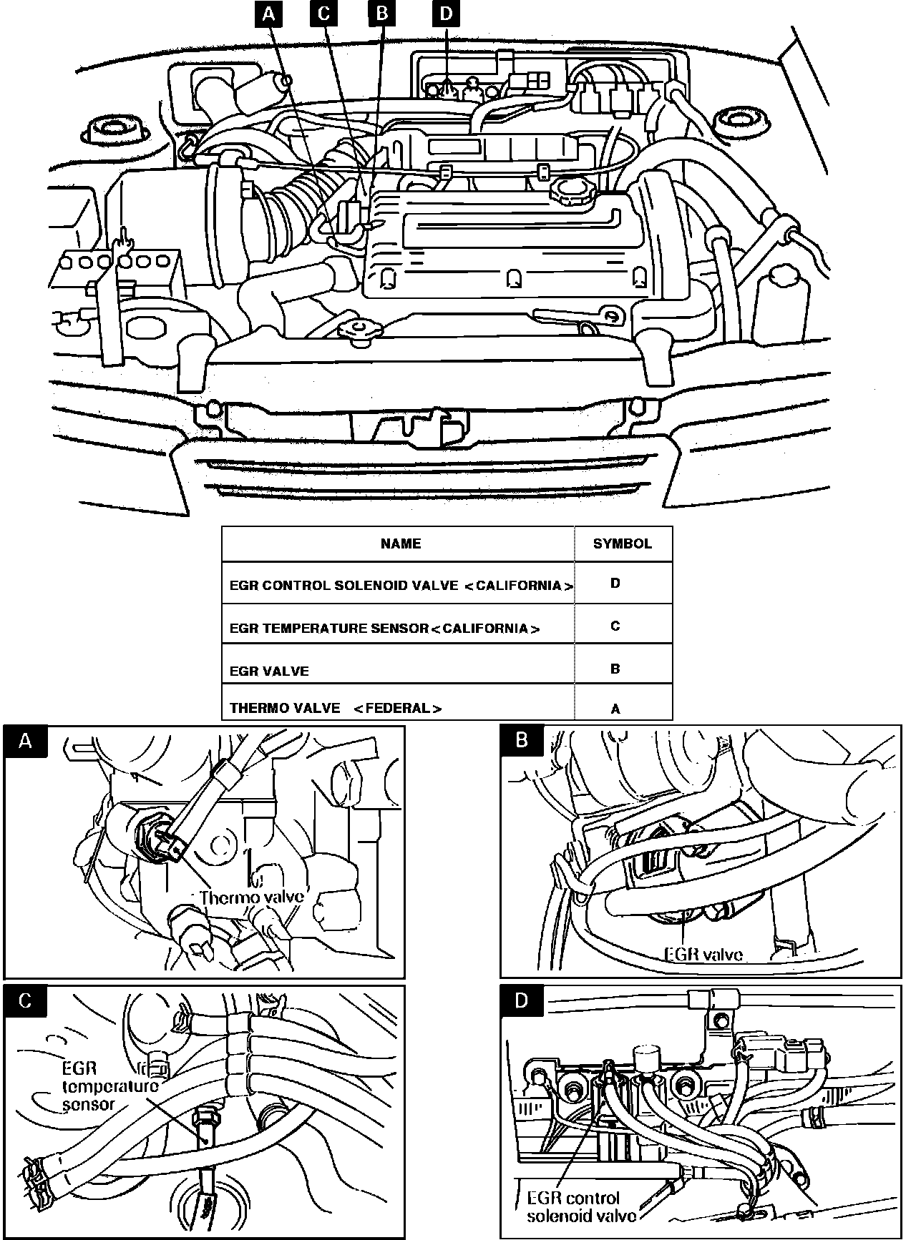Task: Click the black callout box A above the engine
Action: [x=269, y=14]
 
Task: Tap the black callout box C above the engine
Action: [x=324, y=14]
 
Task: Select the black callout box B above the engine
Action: [x=381, y=14]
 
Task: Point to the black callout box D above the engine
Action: [x=447, y=14]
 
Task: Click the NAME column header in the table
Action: [x=401, y=543]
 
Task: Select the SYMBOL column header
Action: [x=623, y=543]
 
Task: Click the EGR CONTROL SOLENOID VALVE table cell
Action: [x=401, y=586]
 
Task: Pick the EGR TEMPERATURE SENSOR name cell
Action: [x=384, y=629]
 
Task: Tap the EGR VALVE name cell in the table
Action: [x=269, y=671]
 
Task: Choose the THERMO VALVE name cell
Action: [x=336, y=709]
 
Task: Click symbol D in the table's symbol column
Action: [x=615, y=584]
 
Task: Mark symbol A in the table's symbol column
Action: [x=615, y=709]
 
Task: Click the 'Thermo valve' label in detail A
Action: [x=253, y=897]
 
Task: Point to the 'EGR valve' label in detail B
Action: [x=704, y=953]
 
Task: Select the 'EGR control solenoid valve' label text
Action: [x=581, y=1206]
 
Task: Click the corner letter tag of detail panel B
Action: [x=522, y=741]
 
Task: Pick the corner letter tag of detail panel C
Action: [x=25, y=1000]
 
